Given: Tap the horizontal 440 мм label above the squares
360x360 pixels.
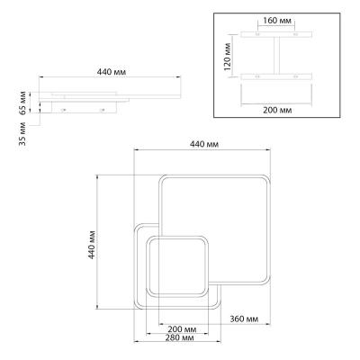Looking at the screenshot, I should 204,144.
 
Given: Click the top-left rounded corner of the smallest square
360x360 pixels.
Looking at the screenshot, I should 150,239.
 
